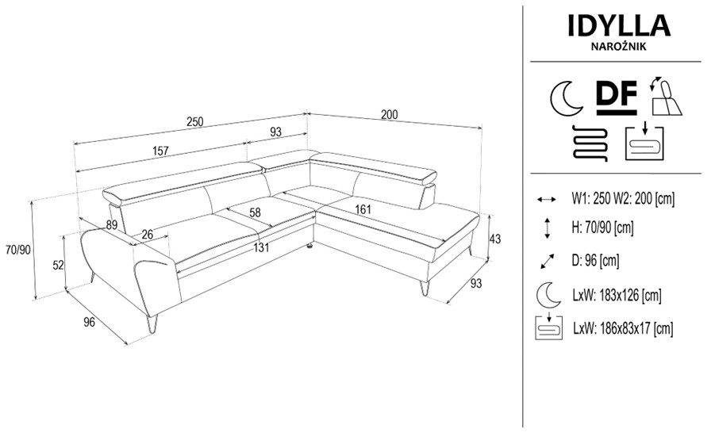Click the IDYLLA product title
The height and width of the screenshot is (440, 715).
619,25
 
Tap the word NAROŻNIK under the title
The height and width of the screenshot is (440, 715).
619,47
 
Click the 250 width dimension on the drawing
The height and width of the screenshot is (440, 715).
194,121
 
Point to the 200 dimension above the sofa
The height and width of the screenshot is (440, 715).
389,114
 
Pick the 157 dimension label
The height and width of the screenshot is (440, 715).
160,151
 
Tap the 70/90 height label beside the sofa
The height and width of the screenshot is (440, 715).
17,249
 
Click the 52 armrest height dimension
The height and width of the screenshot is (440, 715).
58,265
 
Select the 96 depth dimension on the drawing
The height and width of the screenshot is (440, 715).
90,322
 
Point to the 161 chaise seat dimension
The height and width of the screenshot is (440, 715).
363,209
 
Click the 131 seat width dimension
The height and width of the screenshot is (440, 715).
261,247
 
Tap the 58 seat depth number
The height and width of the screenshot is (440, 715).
256,212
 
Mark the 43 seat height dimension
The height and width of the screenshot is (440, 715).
494,238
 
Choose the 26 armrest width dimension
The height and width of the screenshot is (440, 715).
147,234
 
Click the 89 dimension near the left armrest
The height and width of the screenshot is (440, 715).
111,224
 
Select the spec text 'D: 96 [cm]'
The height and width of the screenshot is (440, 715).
595,260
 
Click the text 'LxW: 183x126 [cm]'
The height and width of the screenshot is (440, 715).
617,295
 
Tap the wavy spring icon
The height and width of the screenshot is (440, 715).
589,142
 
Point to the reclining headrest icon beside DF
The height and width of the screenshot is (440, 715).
665,97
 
